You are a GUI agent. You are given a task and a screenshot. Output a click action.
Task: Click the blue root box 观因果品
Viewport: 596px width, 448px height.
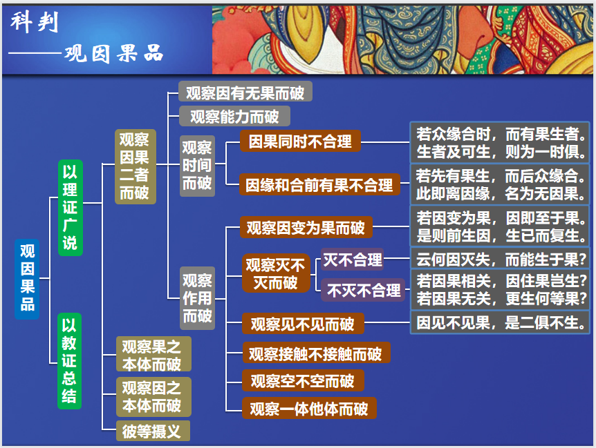coord(28,278)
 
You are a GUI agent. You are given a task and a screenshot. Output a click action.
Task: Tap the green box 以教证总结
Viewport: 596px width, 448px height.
coord(69,361)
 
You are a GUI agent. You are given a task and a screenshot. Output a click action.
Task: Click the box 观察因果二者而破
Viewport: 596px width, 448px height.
coord(134,167)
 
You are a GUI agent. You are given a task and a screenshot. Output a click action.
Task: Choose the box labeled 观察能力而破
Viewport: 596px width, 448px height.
coord(234,116)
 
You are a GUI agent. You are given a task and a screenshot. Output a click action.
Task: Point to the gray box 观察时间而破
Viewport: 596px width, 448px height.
coord(197,166)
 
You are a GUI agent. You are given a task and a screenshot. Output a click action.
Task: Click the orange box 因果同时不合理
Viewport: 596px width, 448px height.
coord(300,142)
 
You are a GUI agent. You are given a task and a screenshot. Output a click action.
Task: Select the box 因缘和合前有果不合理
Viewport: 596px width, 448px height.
coord(319,184)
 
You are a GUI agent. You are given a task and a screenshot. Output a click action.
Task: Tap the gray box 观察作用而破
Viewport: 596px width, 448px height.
coord(197,298)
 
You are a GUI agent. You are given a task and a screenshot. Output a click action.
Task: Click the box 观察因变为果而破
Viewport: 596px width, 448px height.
coord(306,227)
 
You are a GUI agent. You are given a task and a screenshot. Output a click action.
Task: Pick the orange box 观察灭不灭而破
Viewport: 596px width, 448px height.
coord(274,273)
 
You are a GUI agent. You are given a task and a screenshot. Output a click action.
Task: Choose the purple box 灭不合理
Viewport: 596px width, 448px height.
coord(352,260)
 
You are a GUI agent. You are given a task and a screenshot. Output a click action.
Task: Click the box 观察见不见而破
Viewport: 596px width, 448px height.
coord(302,323)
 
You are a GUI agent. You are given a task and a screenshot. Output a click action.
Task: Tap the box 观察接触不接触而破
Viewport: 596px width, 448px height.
coord(315,353)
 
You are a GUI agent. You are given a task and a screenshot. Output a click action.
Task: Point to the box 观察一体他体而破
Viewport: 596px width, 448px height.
coord(308,408)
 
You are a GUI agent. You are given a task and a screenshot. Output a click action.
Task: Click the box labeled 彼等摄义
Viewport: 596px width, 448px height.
coord(151,431)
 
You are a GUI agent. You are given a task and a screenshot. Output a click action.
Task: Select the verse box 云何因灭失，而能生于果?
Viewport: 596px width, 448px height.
coord(501,260)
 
